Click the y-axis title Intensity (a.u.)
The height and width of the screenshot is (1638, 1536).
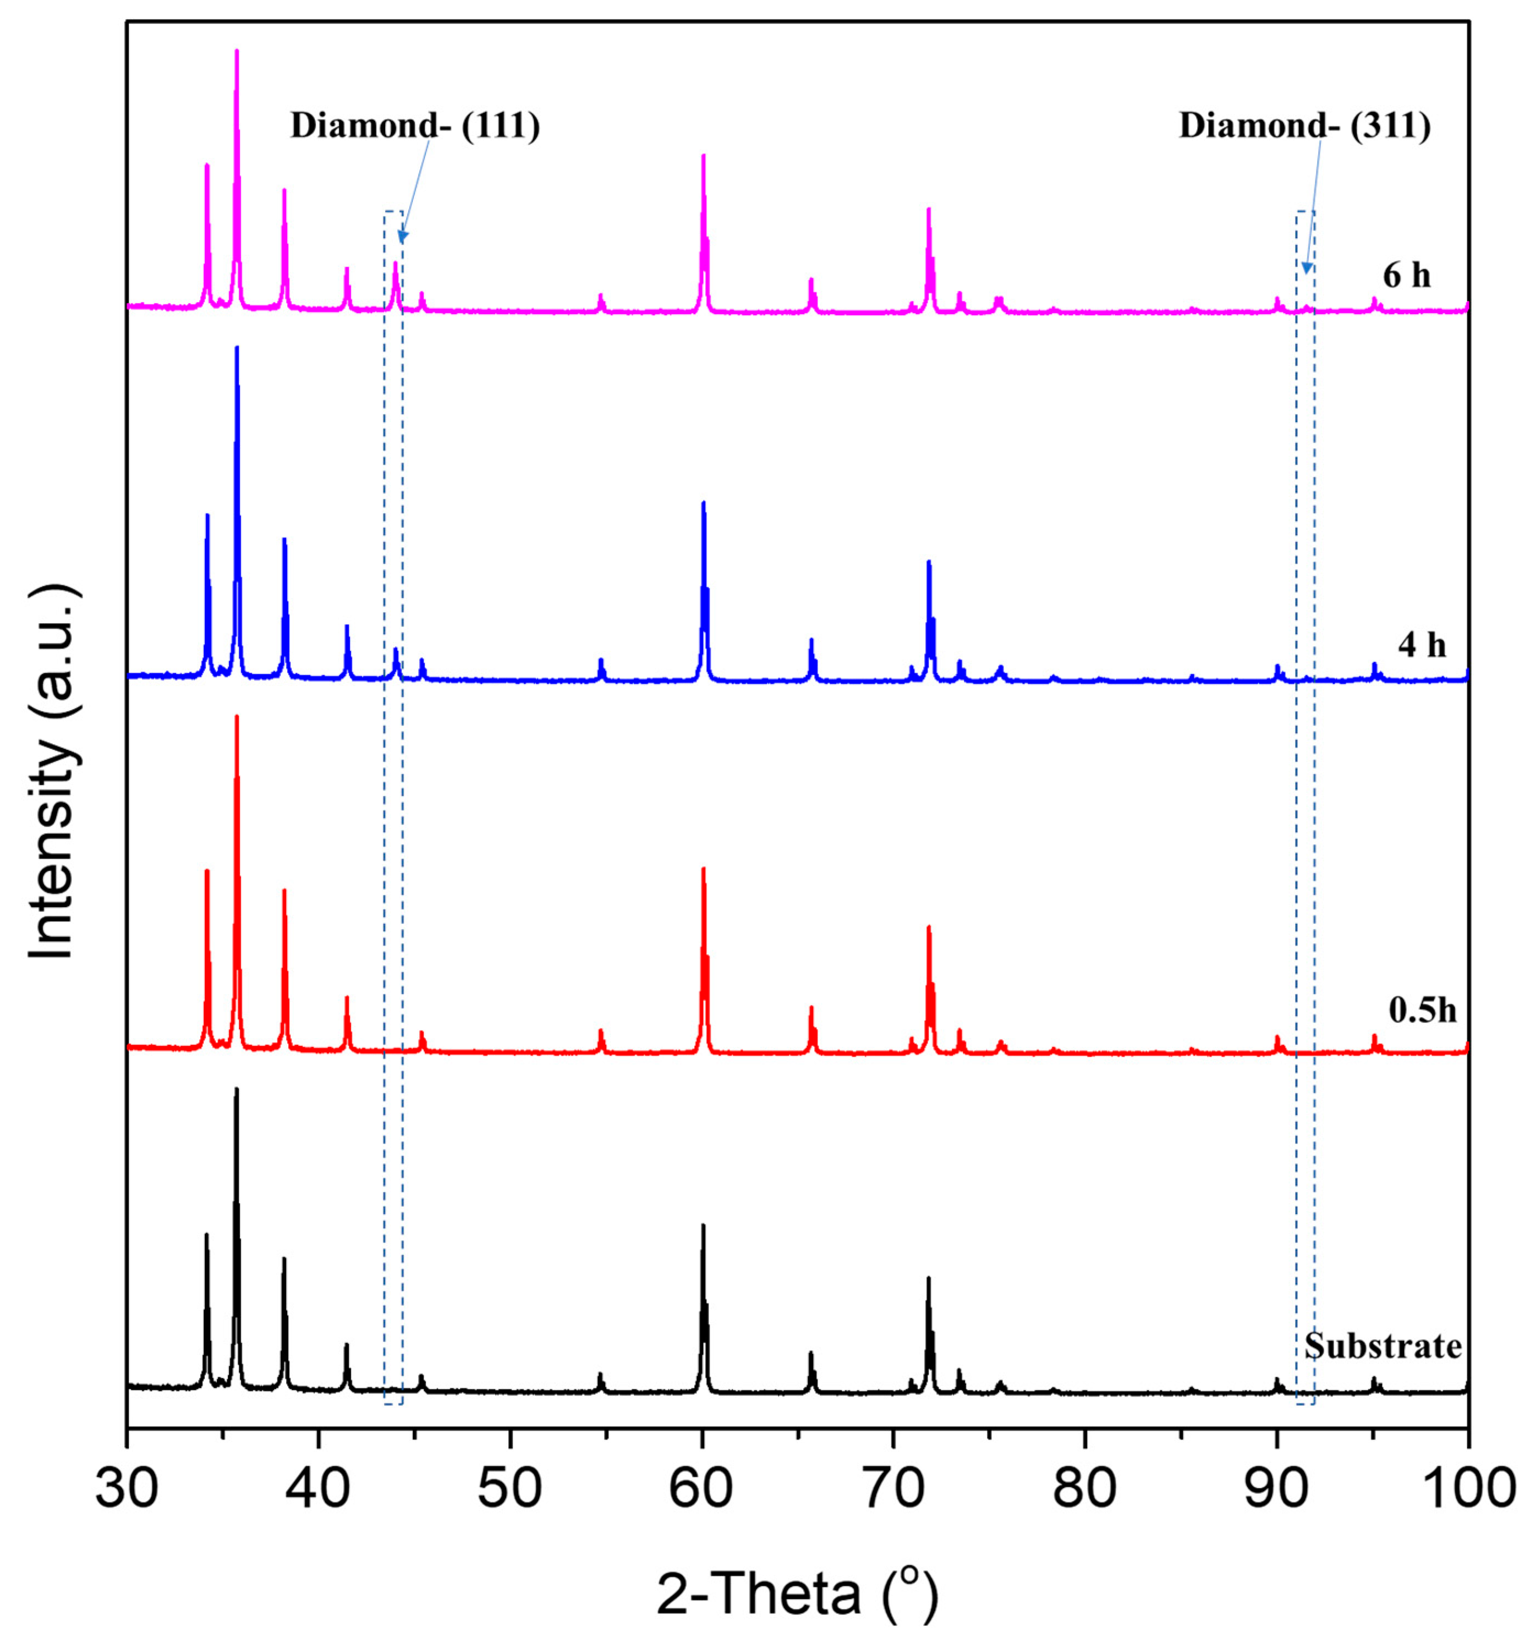(x=53, y=772)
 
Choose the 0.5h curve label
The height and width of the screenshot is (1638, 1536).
(x=1422, y=1010)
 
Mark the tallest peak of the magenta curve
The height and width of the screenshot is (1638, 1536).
(x=237, y=52)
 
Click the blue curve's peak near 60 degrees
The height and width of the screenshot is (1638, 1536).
(x=704, y=503)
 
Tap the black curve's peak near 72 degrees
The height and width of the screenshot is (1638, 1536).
(x=929, y=1279)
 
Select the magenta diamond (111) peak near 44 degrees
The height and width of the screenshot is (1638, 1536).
(x=396, y=263)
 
